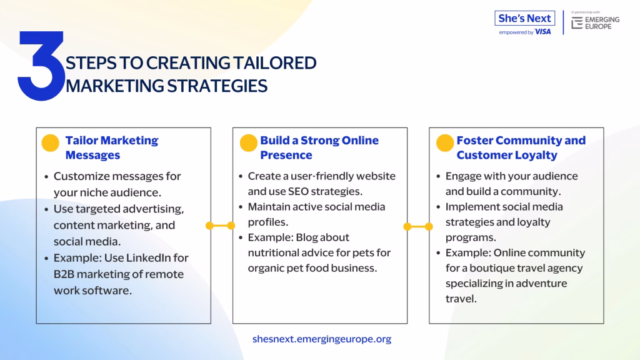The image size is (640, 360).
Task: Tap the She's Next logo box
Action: pos(524,18)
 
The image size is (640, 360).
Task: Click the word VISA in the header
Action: pos(543,32)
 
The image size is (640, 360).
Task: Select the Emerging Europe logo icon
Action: pos(577,23)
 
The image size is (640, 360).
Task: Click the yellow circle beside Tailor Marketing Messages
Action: pos(50,143)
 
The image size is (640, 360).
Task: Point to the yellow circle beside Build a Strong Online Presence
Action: pos(248,143)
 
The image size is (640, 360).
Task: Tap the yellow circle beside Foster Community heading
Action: pos(445,143)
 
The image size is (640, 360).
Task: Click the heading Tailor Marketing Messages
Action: pos(112,147)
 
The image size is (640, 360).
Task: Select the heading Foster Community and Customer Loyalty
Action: pos(521,147)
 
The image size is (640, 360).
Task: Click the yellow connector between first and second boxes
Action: pos(221,225)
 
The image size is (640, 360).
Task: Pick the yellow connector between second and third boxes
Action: pos(418,226)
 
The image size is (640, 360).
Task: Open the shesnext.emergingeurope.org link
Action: pos(322,339)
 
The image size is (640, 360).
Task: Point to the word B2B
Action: pos(64,274)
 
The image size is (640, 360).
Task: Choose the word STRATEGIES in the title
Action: pos(217,86)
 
